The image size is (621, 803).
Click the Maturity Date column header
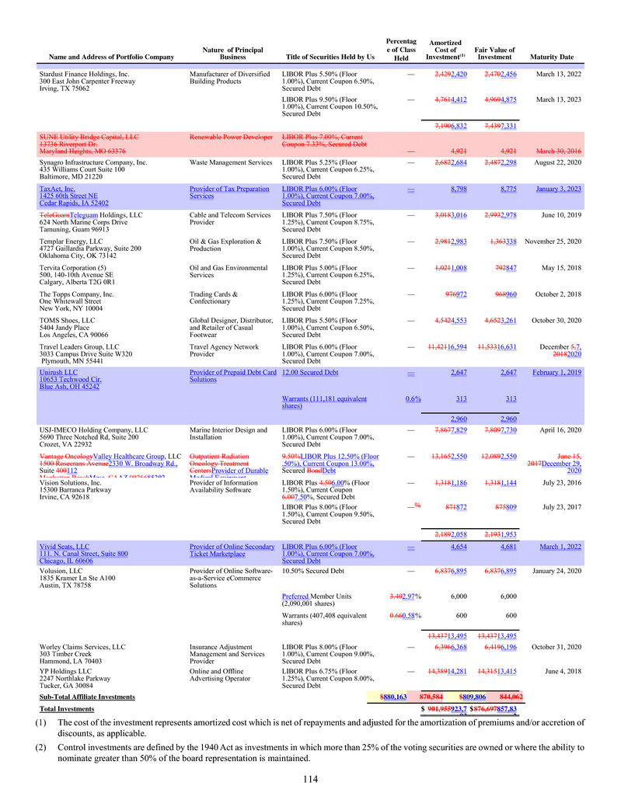[550, 57]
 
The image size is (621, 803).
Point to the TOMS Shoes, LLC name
[73, 320]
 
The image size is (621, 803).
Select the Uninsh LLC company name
[58, 373]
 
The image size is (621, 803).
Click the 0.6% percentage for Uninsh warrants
[413, 398]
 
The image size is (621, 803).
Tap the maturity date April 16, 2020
[559, 429]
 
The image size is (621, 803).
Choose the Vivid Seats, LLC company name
[65, 547]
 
